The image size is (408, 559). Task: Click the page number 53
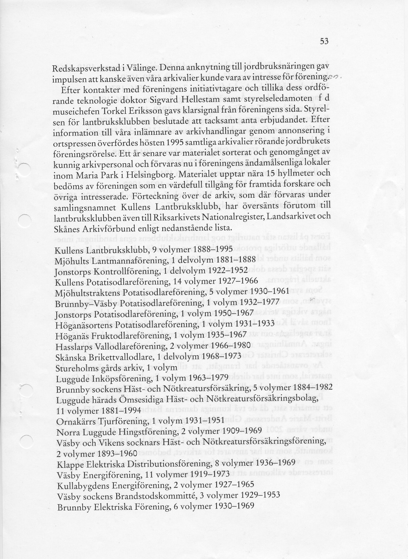click(x=324, y=41)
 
